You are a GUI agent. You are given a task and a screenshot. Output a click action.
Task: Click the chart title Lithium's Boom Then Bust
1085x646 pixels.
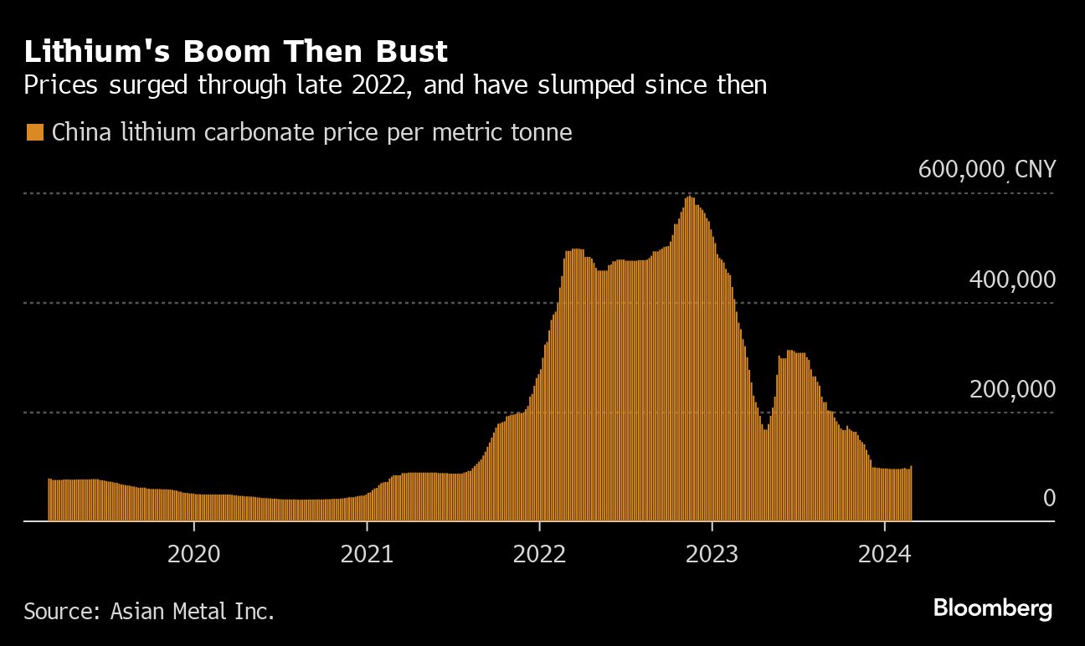[236, 52]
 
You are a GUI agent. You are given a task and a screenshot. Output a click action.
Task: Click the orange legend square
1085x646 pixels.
[35, 132]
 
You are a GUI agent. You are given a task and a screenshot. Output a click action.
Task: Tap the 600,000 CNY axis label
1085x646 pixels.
[986, 169]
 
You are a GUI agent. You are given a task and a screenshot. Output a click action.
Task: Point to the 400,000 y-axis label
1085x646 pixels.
[1011, 279]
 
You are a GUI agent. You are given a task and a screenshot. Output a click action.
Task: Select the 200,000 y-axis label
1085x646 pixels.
[1011, 389]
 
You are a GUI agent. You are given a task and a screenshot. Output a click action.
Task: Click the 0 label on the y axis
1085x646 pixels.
[1049, 498]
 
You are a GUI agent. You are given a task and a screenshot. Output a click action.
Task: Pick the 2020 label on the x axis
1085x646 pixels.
[193, 554]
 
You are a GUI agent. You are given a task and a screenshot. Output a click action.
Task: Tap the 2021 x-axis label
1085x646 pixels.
[367, 554]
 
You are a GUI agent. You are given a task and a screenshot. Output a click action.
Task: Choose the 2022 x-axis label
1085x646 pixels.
[539, 554]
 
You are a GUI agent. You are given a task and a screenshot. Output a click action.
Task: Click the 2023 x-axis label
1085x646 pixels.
[712, 554]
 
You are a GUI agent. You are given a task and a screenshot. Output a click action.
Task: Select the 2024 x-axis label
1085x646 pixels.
[885, 554]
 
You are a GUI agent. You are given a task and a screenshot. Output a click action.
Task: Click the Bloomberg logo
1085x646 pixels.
[993, 608]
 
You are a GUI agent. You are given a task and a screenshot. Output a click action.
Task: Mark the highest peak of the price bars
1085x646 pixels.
[689, 199]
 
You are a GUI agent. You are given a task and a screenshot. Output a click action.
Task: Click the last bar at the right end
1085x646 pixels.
[911, 494]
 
